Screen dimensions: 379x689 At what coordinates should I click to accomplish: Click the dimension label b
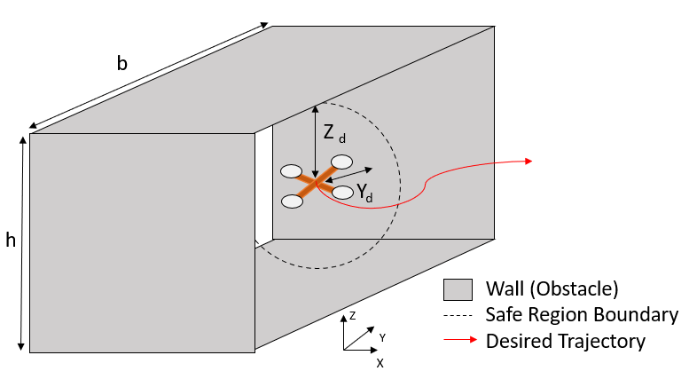(x=121, y=63)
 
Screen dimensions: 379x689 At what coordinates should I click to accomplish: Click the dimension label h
(x=11, y=241)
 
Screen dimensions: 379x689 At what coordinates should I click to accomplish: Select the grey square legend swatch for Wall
(x=457, y=289)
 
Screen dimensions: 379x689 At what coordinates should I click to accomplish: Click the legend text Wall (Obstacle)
(x=551, y=289)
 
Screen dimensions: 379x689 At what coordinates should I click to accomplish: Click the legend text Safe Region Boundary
(x=581, y=314)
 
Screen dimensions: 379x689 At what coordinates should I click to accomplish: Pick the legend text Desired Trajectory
(x=565, y=340)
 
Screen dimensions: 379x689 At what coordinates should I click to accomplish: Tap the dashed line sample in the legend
(x=457, y=315)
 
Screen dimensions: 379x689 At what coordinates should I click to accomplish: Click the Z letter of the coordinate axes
(x=352, y=314)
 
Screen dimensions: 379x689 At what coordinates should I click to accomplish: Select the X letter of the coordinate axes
(x=380, y=363)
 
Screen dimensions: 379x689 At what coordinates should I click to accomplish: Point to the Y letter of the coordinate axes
(x=382, y=336)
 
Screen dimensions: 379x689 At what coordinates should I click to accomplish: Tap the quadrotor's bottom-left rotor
(x=293, y=201)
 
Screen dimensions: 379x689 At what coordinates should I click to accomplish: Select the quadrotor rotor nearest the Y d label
(x=342, y=191)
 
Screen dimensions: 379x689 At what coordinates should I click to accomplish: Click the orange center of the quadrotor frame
(x=317, y=183)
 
